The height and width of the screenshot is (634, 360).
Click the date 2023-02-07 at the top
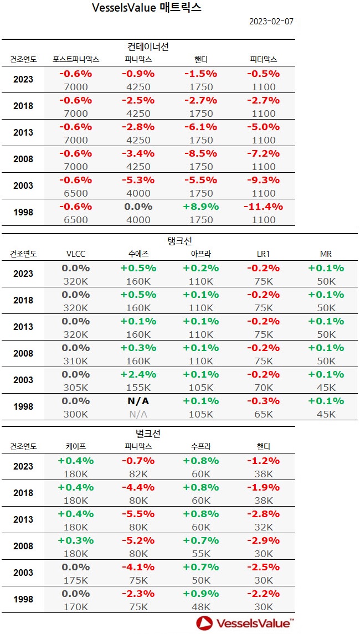click(271, 22)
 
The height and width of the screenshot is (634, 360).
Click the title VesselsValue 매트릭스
click(146, 8)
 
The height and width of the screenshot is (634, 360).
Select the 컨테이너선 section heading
click(148, 47)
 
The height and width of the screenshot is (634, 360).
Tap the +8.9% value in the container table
click(201, 207)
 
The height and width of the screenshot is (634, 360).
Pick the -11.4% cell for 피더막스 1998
click(263, 207)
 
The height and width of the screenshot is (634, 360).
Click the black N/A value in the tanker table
click(138, 401)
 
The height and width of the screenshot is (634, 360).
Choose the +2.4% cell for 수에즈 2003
click(138, 374)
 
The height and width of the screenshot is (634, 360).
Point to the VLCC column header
click(76, 254)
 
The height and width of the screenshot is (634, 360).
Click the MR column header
click(326, 254)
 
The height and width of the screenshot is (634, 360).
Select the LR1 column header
click(263, 254)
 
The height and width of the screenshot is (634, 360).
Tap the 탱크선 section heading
click(179, 241)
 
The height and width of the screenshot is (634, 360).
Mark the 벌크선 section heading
click(148, 433)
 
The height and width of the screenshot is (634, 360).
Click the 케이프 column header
click(76, 446)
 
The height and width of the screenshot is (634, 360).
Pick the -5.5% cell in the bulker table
click(138, 514)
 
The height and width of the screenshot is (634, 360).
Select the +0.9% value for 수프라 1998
click(201, 594)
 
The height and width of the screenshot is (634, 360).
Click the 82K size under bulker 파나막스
click(138, 473)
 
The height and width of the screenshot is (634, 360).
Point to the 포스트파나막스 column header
click(76, 59)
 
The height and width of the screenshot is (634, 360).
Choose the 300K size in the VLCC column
click(76, 414)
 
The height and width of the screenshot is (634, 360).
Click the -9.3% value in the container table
click(263, 180)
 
